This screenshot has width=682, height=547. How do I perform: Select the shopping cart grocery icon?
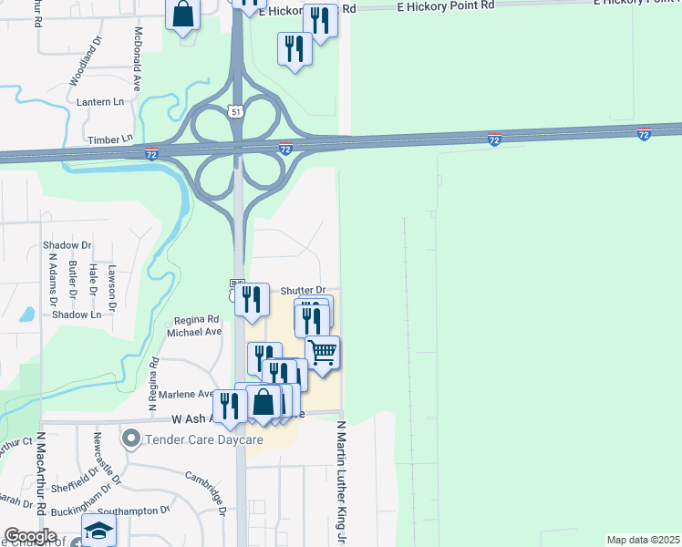pyautogui.click(x=322, y=351)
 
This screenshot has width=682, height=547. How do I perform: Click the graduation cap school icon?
pyautogui.click(x=98, y=531)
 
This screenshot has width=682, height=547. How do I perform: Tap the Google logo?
pyautogui.click(x=30, y=536)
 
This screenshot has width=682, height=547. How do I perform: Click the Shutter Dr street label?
pyautogui.click(x=303, y=290)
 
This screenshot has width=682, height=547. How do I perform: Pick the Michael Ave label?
pyautogui.click(x=194, y=332)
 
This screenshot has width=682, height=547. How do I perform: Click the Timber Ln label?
pyautogui.click(x=109, y=139)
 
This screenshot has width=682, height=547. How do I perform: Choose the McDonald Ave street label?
pyautogui.click(x=138, y=58)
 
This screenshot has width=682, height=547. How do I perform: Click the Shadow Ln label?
pyautogui.click(x=77, y=315)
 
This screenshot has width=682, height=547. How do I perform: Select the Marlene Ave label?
pyautogui.click(x=186, y=394)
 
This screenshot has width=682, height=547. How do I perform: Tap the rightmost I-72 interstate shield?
pyautogui.click(x=644, y=134)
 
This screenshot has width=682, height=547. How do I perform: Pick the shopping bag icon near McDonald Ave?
pyautogui.click(x=182, y=15)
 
